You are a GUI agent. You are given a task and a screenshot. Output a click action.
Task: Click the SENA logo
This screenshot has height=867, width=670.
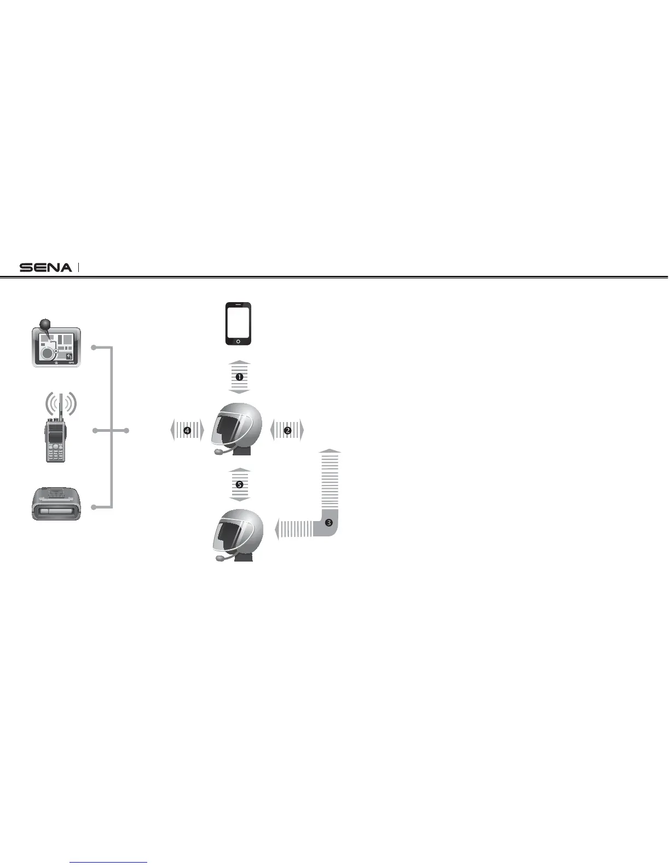coord(45,268)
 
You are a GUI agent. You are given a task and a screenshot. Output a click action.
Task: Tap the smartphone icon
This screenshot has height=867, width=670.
coord(238,324)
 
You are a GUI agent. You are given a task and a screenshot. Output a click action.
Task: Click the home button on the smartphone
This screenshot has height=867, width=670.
coord(238,341)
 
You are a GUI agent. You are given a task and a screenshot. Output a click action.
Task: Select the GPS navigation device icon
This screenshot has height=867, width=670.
coord(56,346)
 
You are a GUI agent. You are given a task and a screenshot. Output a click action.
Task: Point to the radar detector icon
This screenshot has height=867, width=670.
coord(56,504)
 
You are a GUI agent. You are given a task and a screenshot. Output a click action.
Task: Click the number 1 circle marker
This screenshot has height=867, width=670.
coord(239,377)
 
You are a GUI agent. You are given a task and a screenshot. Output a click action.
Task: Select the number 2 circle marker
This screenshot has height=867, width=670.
coord(287,431)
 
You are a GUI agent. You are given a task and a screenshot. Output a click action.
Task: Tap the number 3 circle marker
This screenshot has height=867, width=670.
coord(328,522)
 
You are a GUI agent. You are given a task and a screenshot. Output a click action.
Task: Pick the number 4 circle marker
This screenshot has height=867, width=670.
coord(187,431)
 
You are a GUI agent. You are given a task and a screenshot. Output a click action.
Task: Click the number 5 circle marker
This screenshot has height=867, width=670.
coord(239,484)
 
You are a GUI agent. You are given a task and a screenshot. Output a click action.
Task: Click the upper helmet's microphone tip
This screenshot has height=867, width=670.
coord(218,452)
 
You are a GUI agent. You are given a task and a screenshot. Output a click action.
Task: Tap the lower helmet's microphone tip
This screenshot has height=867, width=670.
coord(218,559)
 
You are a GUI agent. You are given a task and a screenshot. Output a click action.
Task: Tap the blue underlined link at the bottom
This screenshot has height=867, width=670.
coord(109,862)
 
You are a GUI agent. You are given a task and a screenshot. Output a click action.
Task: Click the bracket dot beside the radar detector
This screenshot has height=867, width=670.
coord(94,507)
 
